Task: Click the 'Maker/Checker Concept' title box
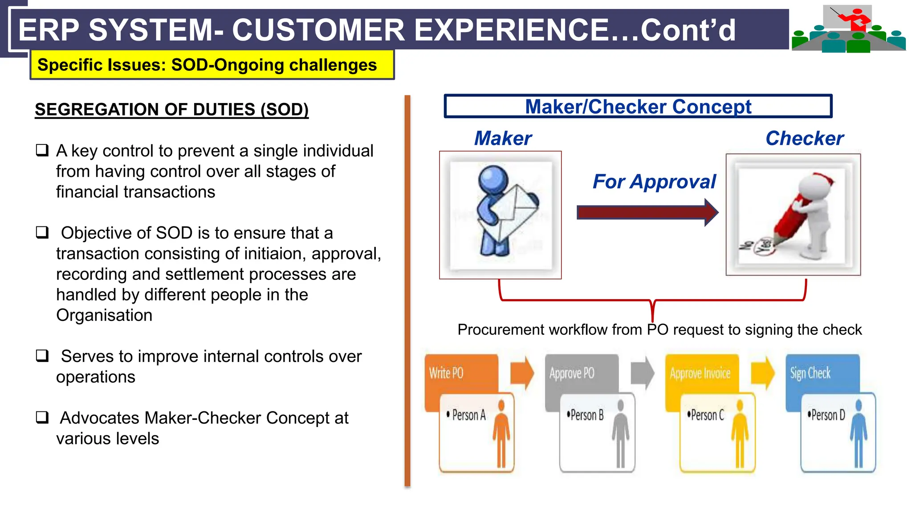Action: click(638, 107)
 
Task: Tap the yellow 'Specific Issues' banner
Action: click(212, 65)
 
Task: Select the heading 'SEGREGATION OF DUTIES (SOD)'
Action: click(171, 110)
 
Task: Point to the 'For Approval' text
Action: click(654, 182)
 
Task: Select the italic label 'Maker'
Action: click(503, 139)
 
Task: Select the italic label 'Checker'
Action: click(804, 139)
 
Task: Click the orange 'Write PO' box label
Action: click(446, 373)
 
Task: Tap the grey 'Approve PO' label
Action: click(572, 373)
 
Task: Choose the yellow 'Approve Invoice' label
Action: click(700, 373)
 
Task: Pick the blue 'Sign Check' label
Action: click(810, 373)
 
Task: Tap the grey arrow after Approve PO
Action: click(642, 373)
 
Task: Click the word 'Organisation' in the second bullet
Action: click(104, 316)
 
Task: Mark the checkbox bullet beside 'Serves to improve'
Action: click(42, 356)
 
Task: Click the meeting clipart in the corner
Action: click(848, 29)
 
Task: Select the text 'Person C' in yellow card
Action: click(707, 415)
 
